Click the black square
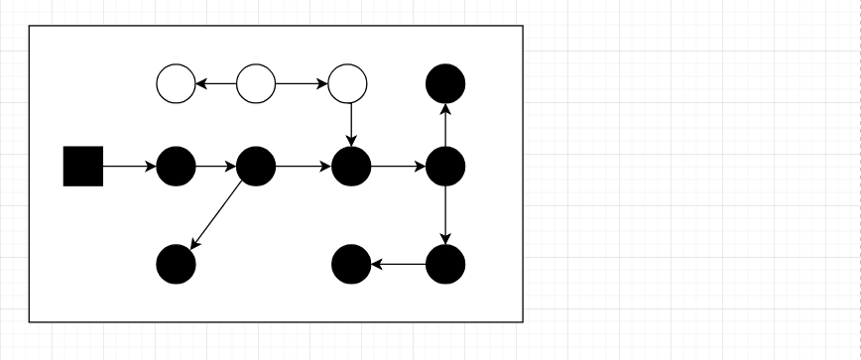point(83,166)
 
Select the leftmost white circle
point(177,83)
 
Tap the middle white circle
point(256,83)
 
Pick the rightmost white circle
point(347,83)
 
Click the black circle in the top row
point(445,83)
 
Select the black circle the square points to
point(177,166)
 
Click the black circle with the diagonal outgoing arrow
point(256,166)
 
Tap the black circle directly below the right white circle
point(351,166)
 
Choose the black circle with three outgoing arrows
point(445,166)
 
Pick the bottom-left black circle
point(177,264)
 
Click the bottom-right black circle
point(445,264)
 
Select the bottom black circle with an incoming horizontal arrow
point(351,264)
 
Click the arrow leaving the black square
point(130,166)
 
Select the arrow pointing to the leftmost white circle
point(216,83)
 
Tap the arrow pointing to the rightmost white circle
point(302,83)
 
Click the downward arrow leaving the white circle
point(351,124)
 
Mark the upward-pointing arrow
point(445,124)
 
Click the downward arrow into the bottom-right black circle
point(445,214)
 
